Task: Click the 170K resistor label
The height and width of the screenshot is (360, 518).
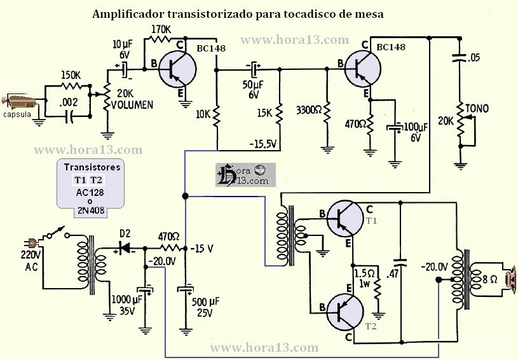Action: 162,29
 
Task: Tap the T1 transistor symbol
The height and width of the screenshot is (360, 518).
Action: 344,219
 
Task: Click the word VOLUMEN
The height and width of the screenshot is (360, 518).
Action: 133,105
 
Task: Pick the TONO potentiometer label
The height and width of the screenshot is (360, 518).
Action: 477,109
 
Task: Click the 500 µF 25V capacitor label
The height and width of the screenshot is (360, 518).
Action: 209,307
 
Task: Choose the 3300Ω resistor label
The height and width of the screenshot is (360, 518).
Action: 310,110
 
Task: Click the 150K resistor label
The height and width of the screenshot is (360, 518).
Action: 71,74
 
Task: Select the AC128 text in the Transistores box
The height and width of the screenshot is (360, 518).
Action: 90,190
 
